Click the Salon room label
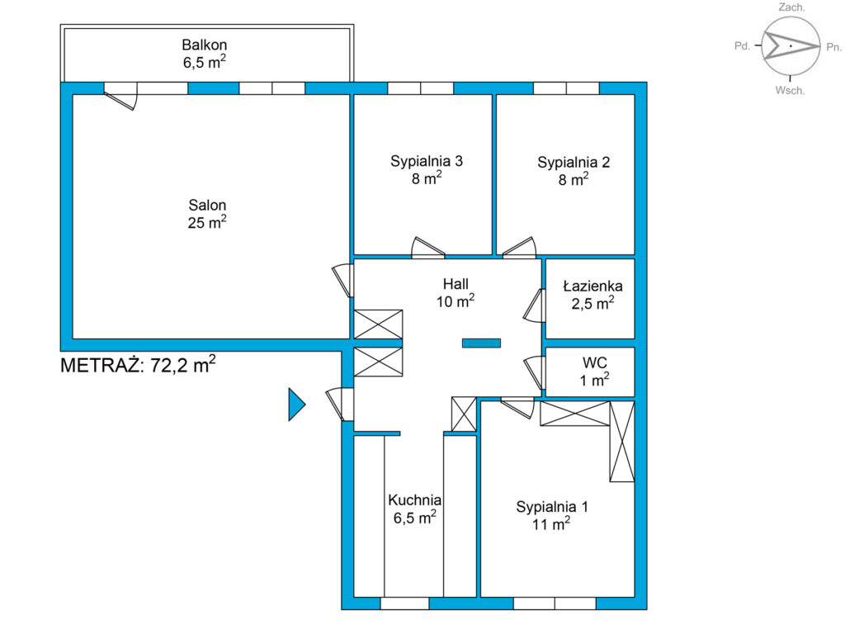pos(207,214)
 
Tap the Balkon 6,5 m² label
pos(205,54)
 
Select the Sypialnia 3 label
pos(427,169)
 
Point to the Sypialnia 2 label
pos(574,170)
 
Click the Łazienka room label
pos(592,294)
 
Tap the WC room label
pos(594,371)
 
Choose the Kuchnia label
pos(414,509)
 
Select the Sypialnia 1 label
pos(552,515)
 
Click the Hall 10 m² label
pos(456,292)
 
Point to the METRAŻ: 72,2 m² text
pos(138,364)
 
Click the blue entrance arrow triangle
pos(297,404)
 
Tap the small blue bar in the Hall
pos(481,343)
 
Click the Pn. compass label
pos(833,47)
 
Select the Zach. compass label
pos(791,7)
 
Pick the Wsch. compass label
pos(790,91)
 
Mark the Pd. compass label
pos(742,46)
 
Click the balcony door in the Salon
pos(120,96)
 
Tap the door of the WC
pos(534,372)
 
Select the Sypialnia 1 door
pos(517,408)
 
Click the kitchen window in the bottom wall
pos(404,603)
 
